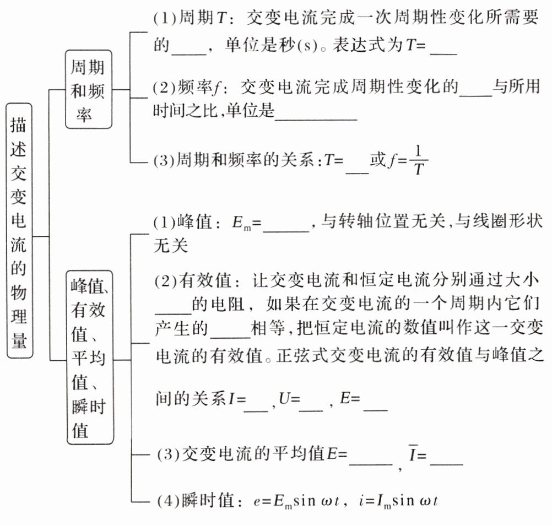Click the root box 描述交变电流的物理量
pyautogui.click(x=20, y=231)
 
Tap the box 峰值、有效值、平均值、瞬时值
pyautogui.click(x=89, y=356)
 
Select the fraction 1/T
pyautogui.click(x=418, y=160)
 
